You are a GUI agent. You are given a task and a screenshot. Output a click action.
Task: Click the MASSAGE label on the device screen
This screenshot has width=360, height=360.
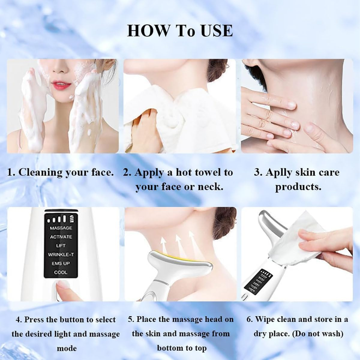click(61, 228)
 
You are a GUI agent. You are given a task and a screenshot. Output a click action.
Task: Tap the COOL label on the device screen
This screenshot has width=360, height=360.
click(61, 272)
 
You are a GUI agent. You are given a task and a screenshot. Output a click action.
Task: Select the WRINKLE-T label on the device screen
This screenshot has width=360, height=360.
click(61, 255)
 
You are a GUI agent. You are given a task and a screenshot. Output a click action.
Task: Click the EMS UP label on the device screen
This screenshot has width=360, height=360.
click(61, 263)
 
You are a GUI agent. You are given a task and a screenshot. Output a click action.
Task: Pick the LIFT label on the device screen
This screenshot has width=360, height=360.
click(61, 246)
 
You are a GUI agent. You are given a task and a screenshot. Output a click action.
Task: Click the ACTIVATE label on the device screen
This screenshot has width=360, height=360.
click(61, 237)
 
